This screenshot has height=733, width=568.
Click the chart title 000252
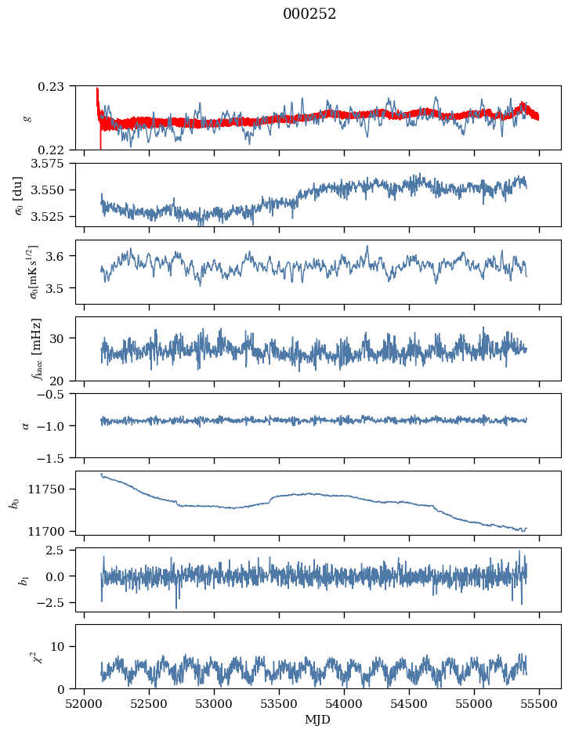pos(309,14)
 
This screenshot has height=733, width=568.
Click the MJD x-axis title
pos(317,719)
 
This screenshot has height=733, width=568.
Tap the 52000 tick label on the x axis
pos(85,702)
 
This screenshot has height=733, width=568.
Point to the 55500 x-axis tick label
pos(539,702)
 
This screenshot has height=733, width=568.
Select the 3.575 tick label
pos(53,163)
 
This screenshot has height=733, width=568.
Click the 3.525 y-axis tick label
pos(53,216)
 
